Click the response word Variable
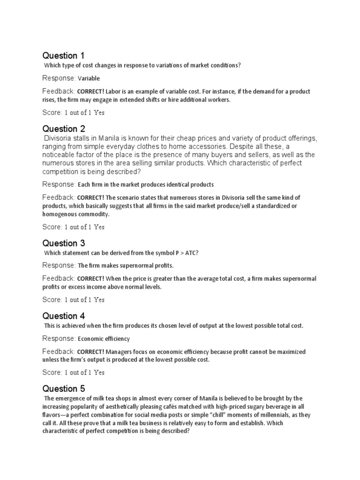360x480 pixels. (x=89, y=78)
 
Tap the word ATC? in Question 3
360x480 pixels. (x=192, y=253)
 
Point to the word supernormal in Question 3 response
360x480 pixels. (x=142, y=266)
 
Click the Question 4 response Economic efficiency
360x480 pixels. (x=104, y=338)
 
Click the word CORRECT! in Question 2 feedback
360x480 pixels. (x=90, y=197)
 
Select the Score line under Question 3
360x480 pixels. (x=73, y=300)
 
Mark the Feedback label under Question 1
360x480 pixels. (x=59, y=91)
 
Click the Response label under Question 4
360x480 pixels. (x=59, y=338)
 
